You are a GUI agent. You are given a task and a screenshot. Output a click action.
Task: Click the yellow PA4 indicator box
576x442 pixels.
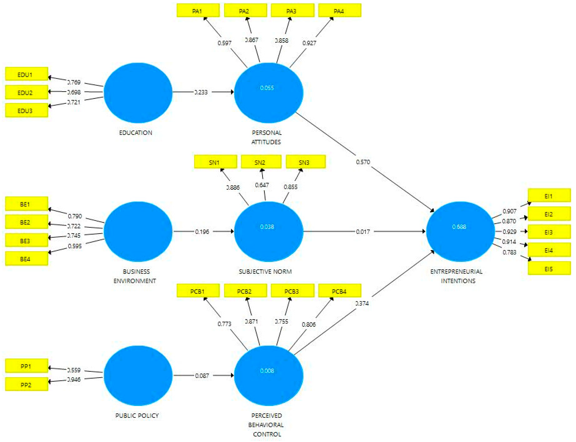pyautogui.click(x=339, y=11)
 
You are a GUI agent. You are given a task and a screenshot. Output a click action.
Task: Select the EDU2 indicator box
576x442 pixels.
pyautogui.click(x=26, y=92)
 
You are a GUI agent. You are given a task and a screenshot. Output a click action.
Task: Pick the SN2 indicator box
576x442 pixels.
pyautogui.click(x=261, y=162)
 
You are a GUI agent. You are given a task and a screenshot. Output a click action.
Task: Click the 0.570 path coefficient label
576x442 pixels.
pyautogui.click(x=363, y=162)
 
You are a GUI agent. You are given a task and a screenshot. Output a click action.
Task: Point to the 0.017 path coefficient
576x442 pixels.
pyautogui.click(x=363, y=232)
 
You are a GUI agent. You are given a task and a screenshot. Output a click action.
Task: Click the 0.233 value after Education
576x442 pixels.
pyautogui.click(x=201, y=92)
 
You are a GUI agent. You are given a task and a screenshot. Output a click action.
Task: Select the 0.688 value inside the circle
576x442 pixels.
pyautogui.click(x=459, y=227)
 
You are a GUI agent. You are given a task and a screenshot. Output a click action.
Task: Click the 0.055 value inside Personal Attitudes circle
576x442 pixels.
pyautogui.click(x=267, y=88)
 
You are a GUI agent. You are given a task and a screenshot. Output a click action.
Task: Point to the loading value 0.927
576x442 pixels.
pyautogui.click(x=309, y=43)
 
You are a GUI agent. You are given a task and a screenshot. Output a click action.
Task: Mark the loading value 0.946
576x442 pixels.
pyautogui.click(x=74, y=379)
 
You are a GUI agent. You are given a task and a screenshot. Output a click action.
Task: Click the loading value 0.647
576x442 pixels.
pyautogui.click(x=262, y=185)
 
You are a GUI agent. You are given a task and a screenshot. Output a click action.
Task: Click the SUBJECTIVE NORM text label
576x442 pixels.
pyautogui.click(x=265, y=271)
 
